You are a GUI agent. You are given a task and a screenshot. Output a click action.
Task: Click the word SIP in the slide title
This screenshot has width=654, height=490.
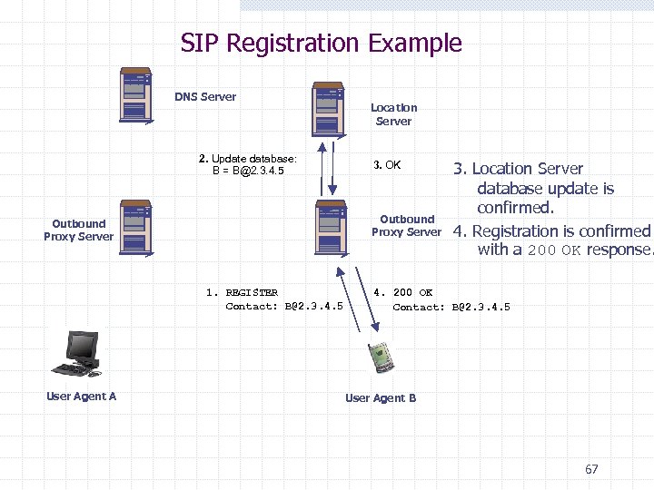coord(200,44)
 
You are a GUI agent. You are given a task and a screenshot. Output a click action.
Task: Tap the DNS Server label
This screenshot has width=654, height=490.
coord(205,97)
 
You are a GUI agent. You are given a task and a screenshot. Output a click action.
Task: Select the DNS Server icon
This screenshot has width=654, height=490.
coord(136,95)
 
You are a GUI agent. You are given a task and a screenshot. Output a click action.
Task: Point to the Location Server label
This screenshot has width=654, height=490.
coord(393,114)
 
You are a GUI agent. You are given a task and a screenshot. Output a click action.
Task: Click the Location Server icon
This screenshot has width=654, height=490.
coord(327,110)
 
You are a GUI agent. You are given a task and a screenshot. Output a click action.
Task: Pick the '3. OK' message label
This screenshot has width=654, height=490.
coord(387,165)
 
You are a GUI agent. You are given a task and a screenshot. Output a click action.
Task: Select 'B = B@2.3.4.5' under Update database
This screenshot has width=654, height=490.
coord(248,171)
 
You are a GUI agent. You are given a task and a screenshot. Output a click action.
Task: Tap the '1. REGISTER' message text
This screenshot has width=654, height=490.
coord(242,292)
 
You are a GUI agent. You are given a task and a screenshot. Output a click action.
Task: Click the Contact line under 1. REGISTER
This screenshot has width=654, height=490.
coord(283,306)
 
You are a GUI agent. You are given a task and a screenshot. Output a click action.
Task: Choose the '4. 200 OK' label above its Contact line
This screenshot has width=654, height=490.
coord(403,292)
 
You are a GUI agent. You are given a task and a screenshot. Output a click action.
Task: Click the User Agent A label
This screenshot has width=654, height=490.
coord(81,396)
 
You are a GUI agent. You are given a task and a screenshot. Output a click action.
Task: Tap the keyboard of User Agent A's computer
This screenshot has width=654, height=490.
coord(70,369)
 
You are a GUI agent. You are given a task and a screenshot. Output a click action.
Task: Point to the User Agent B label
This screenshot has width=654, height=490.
coord(381,397)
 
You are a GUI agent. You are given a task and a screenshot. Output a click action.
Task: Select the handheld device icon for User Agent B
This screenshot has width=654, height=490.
coord(379,358)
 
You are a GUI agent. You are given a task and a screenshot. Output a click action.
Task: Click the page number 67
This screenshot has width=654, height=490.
coord(591,469)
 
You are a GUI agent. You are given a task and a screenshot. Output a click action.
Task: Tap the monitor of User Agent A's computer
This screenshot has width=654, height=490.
coord(83,346)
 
